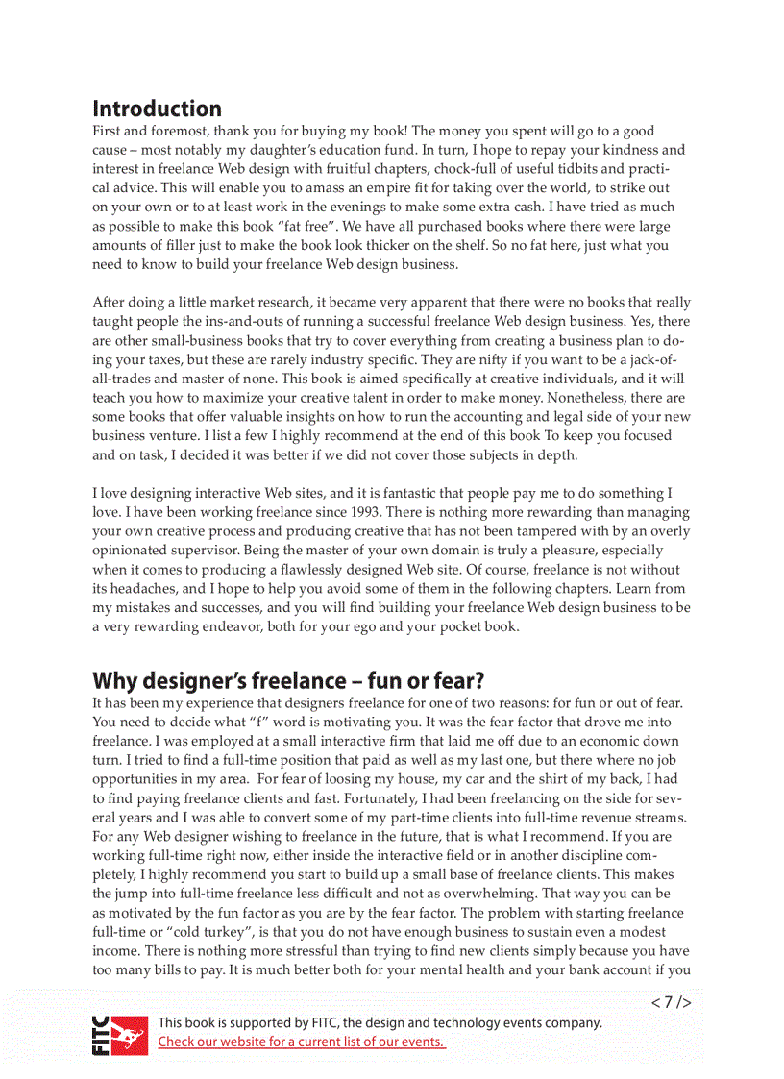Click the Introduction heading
[157, 109]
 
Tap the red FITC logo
[120, 1035]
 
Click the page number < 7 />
[671, 1002]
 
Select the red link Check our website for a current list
[301, 1042]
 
